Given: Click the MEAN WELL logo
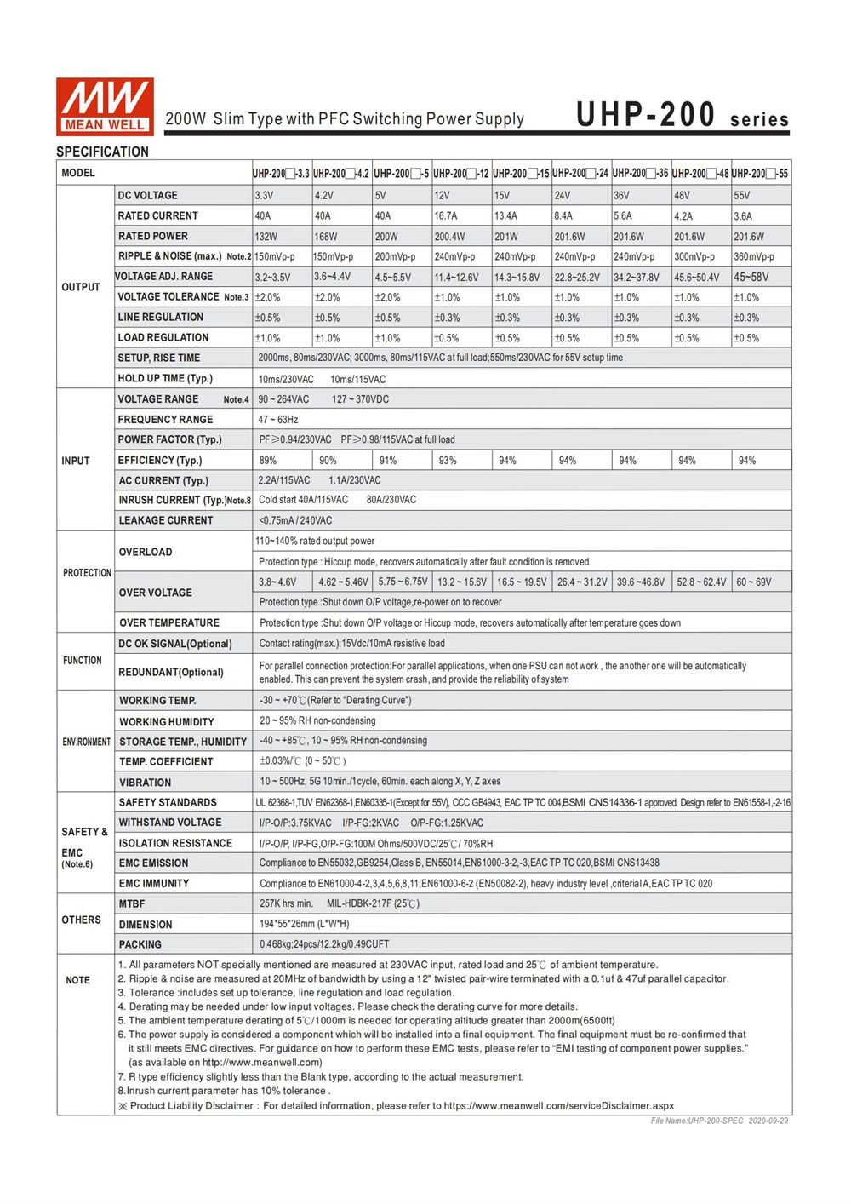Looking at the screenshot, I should click(105, 106).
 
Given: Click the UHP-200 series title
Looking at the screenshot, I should click(682, 115).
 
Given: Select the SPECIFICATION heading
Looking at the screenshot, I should click(102, 152).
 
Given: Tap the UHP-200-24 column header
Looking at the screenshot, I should click(580, 174).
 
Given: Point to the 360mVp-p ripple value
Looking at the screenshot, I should click(753, 256).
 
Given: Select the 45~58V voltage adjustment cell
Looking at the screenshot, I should click(751, 277).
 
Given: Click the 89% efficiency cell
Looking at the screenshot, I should click(268, 461).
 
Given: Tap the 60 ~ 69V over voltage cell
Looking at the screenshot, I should click(754, 582).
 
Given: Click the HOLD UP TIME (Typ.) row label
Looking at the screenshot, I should click(165, 379).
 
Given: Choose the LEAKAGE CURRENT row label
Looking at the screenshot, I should click(166, 520).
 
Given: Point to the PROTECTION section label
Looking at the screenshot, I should click(87, 573).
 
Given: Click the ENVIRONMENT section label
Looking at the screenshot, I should click(86, 742).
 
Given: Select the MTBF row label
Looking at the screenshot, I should click(132, 903).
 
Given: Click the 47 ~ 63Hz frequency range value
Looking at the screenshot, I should click(278, 420).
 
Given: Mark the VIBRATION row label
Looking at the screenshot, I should click(145, 783).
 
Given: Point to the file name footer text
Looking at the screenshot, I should click(719, 1121).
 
